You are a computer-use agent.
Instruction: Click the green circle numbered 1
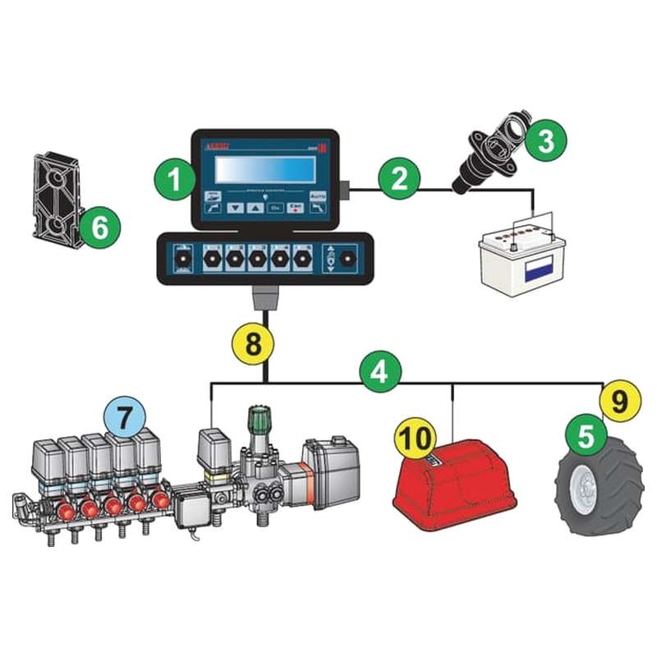coord(173,175)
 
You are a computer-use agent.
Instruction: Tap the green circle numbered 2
coord(399,177)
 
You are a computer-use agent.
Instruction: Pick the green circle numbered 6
coord(99,227)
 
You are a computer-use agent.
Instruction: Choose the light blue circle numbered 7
coord(124,417)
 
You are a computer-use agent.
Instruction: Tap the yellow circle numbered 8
coord(255,342)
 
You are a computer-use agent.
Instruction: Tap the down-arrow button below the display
coord(236,208)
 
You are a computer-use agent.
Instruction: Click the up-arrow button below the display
coord(255,208)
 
